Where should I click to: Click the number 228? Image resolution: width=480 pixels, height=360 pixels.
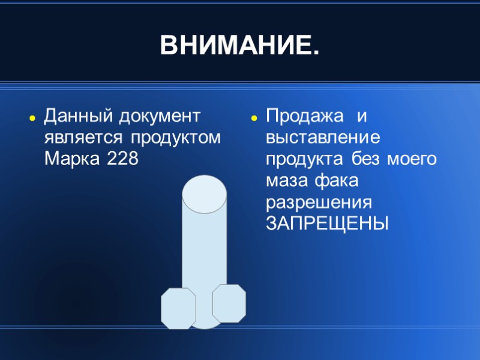[x=122, y=160]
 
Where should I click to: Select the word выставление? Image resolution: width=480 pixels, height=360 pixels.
[x=324, y=137]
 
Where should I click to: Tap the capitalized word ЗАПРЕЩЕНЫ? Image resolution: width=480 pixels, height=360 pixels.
[x=328, y=223]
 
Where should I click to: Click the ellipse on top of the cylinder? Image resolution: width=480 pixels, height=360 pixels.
[x=204, y=193]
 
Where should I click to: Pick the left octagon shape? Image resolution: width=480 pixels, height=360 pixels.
[x=178, y=308]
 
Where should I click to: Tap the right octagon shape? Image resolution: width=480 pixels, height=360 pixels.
[x=229, y=304]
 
